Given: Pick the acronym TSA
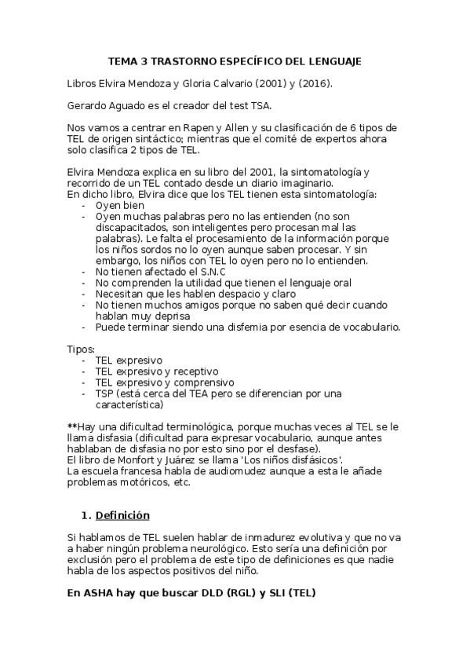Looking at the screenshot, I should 261,106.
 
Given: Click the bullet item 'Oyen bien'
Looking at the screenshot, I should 121,204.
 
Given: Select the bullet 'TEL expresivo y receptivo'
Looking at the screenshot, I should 157,371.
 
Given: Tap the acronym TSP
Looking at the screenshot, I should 105,393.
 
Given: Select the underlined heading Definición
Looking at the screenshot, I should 122,516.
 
